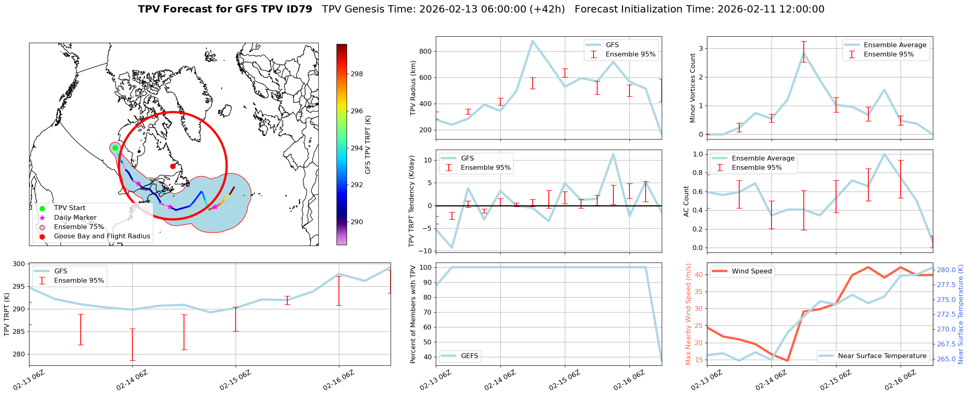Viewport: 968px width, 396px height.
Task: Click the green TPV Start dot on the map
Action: pyautogui.click(x=115, y=148)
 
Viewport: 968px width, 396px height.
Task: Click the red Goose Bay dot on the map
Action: pyautogui.click(x=173, y=166)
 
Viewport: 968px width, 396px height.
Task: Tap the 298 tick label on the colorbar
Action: pyautogui.click(x=357, y=74)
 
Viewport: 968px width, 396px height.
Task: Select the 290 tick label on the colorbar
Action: pyautogui.click(x=357, y=222)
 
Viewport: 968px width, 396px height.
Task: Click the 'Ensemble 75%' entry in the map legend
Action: pyautogui.click(x=79, y=227)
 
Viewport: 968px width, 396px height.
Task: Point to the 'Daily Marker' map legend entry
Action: pyautogui.click(x=75, y=218)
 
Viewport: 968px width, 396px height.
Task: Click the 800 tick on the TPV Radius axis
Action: pyautogui.click(x=425, y=51)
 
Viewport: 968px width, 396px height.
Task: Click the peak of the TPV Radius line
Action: pyautogui.click(x=533, y=41)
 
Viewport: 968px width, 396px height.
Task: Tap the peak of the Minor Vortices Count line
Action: pyautogui.click(x=804, y=52)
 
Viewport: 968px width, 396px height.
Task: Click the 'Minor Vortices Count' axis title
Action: pyautogui.click(x=693, y=88)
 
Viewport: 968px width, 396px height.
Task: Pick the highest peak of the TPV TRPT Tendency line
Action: pyautogui.click(x=613, y=154)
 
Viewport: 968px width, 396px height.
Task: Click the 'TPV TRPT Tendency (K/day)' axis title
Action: pyautogui.click(x=412, y=201)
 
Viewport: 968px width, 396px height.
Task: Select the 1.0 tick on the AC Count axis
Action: pyautogui.click(x=698, y=154)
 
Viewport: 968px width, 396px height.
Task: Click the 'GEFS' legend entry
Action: pyautogui.click(x=469, y=356)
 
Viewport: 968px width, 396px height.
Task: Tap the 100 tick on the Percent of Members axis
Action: pyautogui.click(x=426, y=267)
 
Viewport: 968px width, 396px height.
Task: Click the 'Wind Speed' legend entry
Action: pyautogui.click(x=752, y=271)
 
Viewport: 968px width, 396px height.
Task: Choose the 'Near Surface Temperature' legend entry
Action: pyautogui.click(x=882, y=356)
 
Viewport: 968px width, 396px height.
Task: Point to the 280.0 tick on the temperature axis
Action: pyautogui.click(x=946, y=270)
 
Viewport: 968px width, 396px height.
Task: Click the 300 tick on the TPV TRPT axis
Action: pyautogui.click(x=19, y=264)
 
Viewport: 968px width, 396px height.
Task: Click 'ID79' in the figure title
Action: pyautogui.click(x=299, y=9)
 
